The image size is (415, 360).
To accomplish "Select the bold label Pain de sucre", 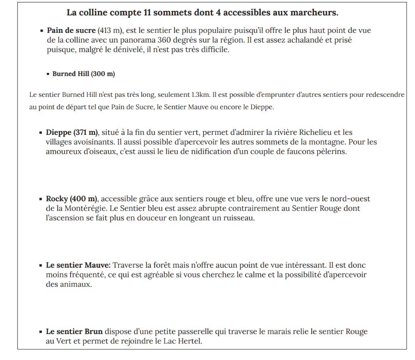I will point(71,30).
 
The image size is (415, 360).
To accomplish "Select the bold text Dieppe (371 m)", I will point(72,132).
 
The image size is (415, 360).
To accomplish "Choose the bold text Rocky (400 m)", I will point(72,199).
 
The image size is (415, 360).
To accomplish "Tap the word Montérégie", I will point(85,209).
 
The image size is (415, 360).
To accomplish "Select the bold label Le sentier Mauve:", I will point(78,265).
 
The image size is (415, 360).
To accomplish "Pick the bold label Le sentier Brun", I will point(74,332).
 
